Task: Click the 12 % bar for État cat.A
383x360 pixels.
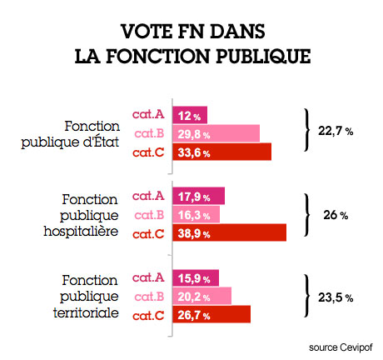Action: (x=190, y=115)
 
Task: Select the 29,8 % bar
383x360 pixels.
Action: (x=216, y=133)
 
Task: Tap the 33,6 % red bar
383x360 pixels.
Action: (x=221, y=152)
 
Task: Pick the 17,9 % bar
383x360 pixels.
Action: (x=198, y=197)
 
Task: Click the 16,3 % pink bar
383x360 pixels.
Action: (x=196, y=215)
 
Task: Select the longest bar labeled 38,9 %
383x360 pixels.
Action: (x=229, y=233)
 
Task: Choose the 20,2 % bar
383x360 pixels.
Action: (x=201, y=296)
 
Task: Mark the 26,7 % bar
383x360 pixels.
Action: (x=211, y=314)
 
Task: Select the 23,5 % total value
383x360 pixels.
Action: (x=336, y=297)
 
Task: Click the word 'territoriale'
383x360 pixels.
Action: (x=89, y=312)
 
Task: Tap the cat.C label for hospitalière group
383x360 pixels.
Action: (x=150, y=233)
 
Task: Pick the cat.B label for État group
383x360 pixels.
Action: (x=150, y=133)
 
